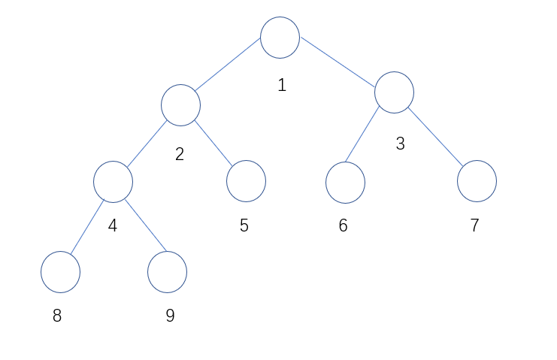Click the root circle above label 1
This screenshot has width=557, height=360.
click(x=280, y=38)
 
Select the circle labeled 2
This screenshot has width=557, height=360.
click(x=180, y=105)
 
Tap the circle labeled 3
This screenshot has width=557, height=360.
click(x=394, y=92)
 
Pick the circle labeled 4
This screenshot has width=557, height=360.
click(x=114, y=182)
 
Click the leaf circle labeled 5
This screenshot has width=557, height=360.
click(x=246, y=181)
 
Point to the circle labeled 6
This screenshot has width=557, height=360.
click(x=345, y=182)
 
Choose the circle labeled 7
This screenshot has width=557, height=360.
click(x=477, y=181)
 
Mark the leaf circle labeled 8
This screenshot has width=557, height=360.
click(x=60, y=272)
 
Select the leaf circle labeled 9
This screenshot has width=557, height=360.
click(x=167, y=272)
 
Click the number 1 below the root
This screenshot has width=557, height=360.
click(x=282, y=85)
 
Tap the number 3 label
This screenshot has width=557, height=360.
click(x=400, y=144)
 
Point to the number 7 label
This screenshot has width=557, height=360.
click(x=474, y=225)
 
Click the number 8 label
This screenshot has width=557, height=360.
click(x=57, y=316)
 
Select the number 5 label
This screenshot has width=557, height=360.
click(x=244, y=225)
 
